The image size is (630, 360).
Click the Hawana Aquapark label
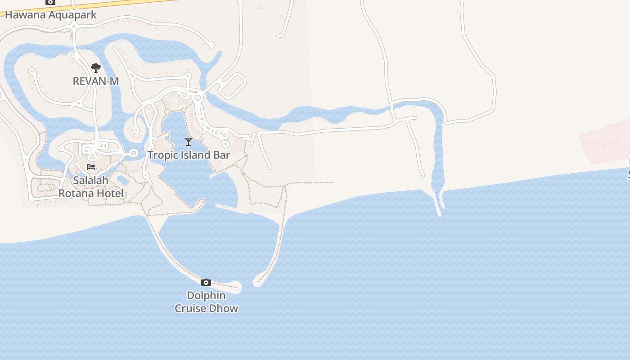click(50, 15)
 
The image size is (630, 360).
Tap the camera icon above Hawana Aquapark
click(50, 2)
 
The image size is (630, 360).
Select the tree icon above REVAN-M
click(95, 68)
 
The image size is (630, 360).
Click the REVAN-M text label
click(95, 81)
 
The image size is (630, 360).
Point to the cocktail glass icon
click(189, 142)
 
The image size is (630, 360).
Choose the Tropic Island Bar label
click(189, 155)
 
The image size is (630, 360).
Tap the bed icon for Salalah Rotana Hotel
click(91, 167)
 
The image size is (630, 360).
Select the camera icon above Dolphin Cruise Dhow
click(206, 282)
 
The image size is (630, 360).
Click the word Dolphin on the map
click(206, 296)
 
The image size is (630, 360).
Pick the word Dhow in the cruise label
click(224, 308)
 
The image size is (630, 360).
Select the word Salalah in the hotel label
click(91, 180)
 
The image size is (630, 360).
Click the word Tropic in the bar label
click(162, 155)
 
